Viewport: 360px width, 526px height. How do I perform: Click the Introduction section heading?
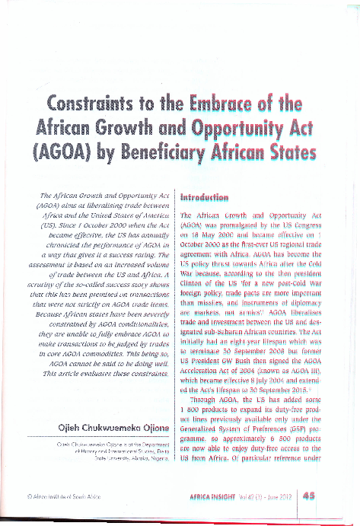point(205,198)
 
